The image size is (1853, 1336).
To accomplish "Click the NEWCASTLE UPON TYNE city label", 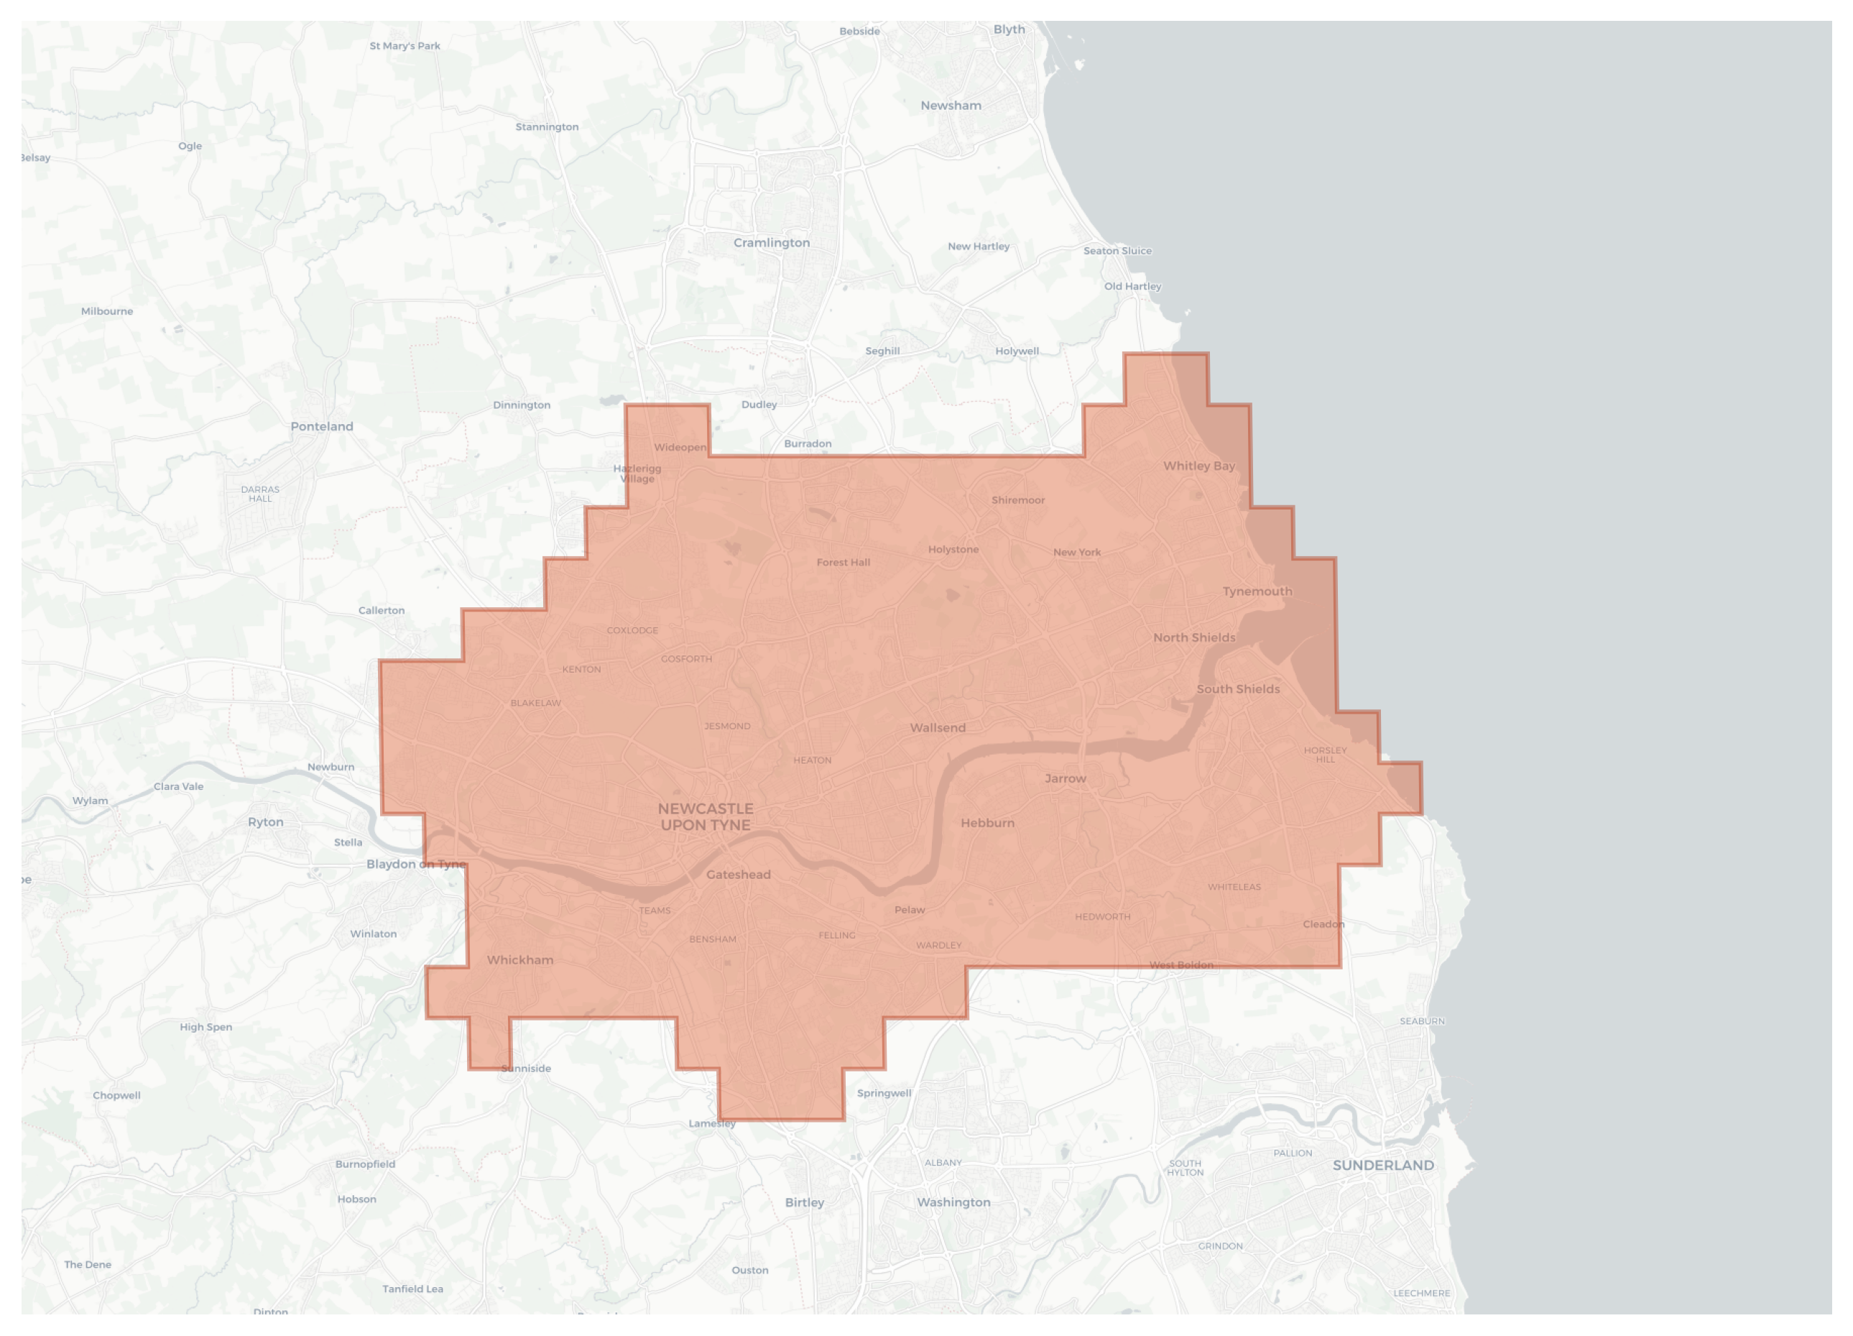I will point(705,816).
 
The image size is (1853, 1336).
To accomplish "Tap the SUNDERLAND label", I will point(1382,1165).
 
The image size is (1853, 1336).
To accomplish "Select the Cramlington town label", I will point(771,243).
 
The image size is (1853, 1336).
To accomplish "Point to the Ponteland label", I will point(322,427).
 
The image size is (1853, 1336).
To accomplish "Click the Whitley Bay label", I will point(1198,466).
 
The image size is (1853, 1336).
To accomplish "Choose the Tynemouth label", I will point(1257,591).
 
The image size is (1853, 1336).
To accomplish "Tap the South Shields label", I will point(1238,688).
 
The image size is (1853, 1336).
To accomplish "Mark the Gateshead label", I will point(738,875).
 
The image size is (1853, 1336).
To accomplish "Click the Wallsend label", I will point(937,727).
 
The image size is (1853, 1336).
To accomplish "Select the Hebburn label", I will point(987,823).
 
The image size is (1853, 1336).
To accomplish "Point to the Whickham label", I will point(519,960).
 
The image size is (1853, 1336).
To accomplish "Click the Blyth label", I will point(1009,29).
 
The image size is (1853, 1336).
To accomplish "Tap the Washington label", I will point(953,1202).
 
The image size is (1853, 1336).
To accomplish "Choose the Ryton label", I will point(266,822).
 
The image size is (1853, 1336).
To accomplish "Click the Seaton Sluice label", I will point(1117,251).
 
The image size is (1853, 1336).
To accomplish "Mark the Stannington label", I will point(547,126).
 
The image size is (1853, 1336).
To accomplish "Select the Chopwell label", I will point(116,1096).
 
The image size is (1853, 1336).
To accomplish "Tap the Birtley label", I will point(804,1202).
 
